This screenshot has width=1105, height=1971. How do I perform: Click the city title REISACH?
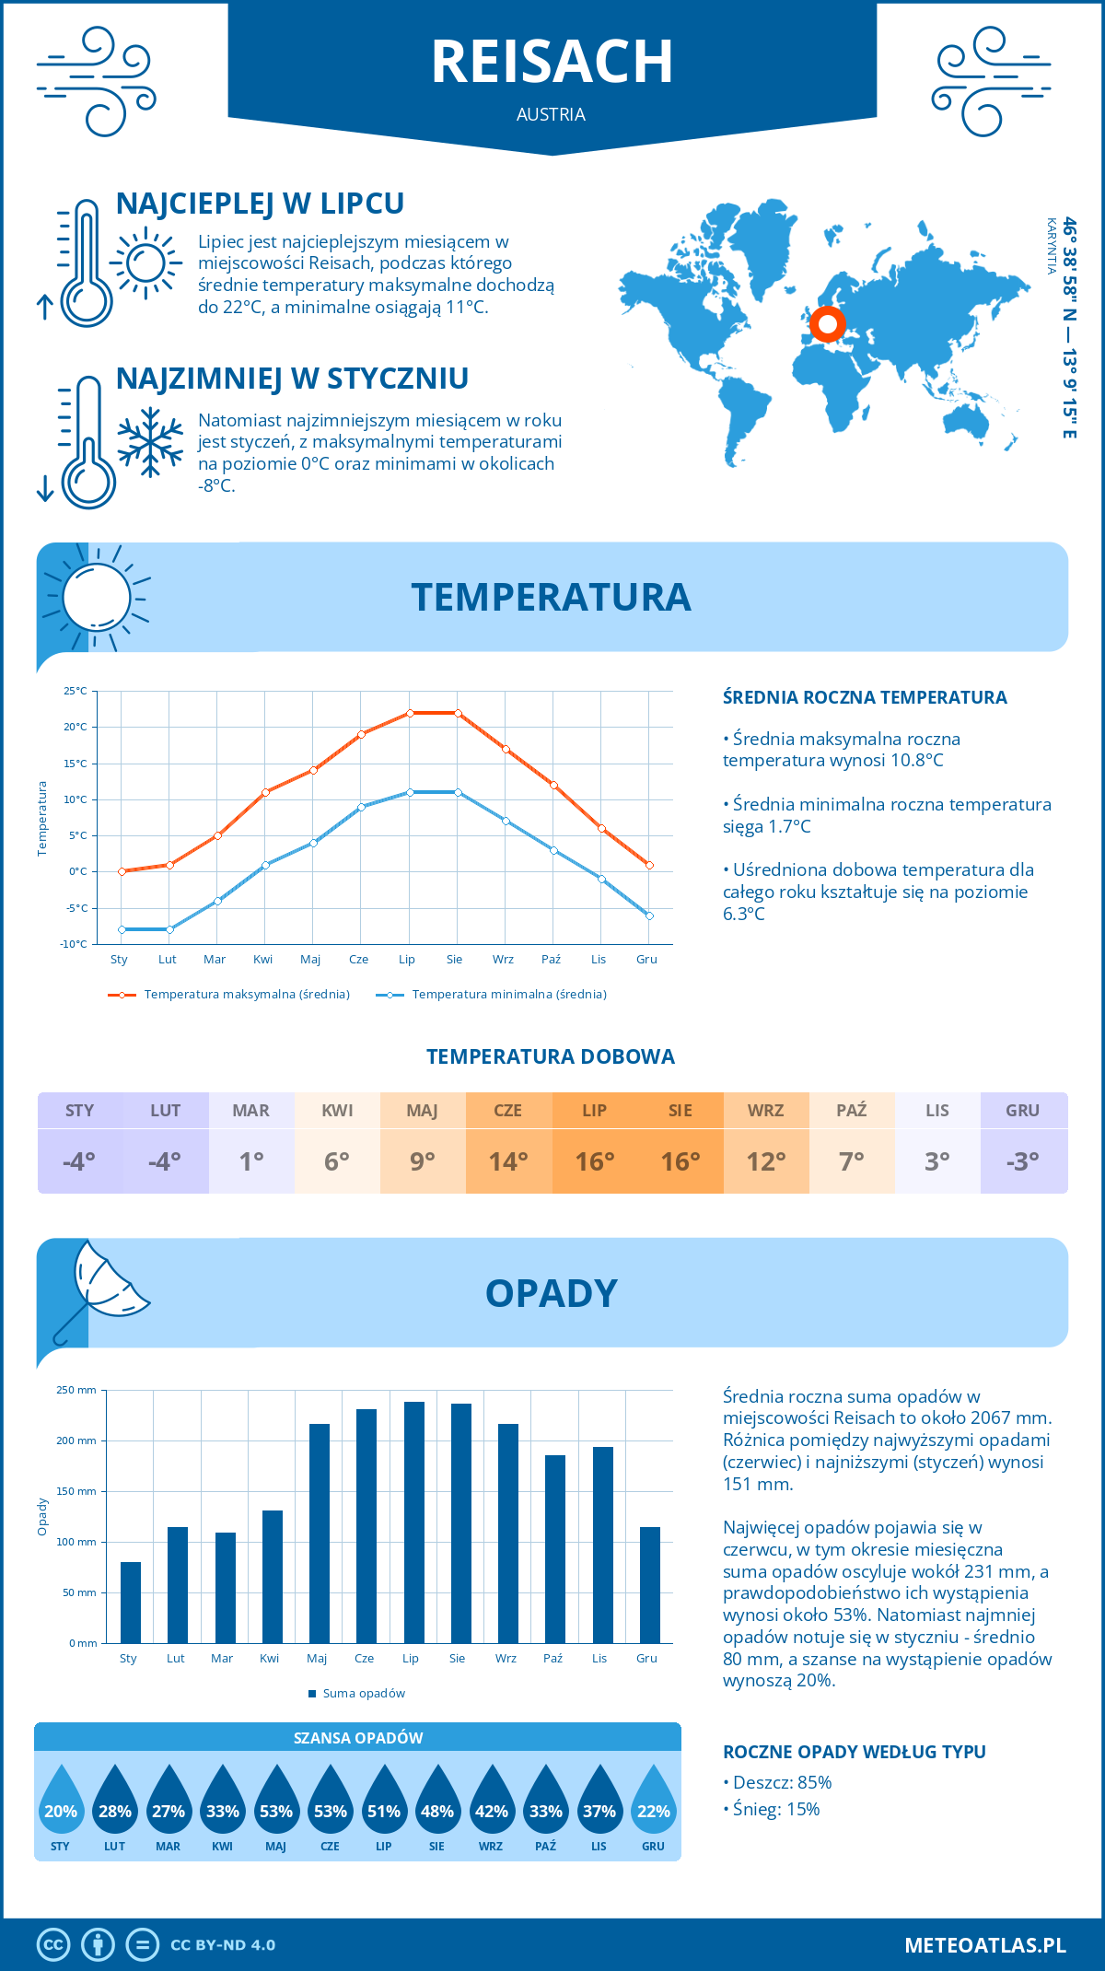coord(552,62)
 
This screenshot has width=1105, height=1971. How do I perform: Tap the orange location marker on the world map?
coord(827,324)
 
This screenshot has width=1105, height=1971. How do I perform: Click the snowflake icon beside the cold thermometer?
coord(150,442)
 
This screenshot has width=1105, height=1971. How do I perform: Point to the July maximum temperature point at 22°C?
coord(410,713)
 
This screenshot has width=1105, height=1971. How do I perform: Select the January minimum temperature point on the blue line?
coord(122,929)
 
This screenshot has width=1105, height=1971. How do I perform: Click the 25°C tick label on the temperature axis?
coord(76,691)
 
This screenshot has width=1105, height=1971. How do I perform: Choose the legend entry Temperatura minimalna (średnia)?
coord(508,995)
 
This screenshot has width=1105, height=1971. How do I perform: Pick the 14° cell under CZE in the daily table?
coord(508,1161)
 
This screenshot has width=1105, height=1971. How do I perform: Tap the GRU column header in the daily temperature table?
coord(1022,1111)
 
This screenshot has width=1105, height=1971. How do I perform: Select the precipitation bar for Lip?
coord(414,1522)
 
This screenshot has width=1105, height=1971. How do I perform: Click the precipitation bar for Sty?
coord(131,1602)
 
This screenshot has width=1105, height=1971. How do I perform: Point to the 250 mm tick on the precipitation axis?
coord(76,1390)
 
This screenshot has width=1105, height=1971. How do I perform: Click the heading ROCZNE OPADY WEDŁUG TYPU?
coord(854,1752)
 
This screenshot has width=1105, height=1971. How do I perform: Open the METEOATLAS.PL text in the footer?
coord(984,1945)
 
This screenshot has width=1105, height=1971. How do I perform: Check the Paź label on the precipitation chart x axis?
coord(552,1659)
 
